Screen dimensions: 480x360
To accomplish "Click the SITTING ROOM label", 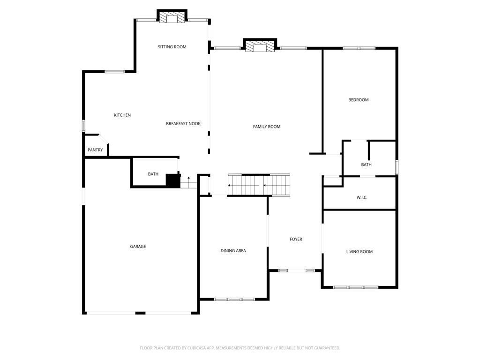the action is [x=172, y=47].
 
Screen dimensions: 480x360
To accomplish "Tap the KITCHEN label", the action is [x=122, y=115].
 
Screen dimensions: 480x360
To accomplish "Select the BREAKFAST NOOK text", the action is [x=183, y=124].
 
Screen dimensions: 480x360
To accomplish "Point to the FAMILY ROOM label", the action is [x=267, y=127].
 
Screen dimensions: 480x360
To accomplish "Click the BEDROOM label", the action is [x=359, y=100].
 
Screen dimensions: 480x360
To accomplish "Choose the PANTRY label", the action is [x=95, y=150].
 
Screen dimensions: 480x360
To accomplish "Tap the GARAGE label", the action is [x=138, y=247].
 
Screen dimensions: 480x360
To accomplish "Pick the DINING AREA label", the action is [x=233, y=251].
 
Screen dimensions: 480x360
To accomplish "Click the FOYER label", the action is [x=296, y=239].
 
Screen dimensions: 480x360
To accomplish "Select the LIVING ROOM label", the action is [x=360, y=252].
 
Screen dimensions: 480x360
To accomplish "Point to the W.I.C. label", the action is [x=362, y=197].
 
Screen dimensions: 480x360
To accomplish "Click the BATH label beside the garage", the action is [x=153, y=174].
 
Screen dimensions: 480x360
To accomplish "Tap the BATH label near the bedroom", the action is [x=367, y=165].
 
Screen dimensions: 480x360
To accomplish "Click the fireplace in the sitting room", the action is [x=172, y=16].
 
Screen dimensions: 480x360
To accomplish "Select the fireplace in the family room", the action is [x=260, y=45].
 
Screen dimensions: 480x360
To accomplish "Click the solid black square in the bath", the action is [x=172, y=180].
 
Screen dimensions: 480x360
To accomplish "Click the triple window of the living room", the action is [x=356, y=287].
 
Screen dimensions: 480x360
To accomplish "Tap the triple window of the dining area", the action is [x=234, y=299].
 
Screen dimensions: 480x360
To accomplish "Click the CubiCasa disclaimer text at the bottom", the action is [x=240, y=348].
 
